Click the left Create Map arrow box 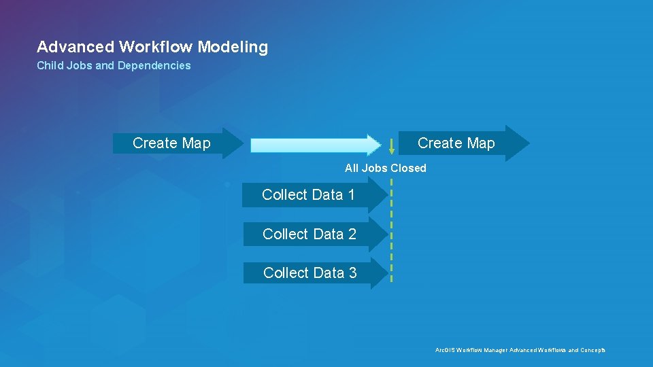coord(173,143)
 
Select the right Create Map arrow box coord(459,143)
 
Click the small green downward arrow coord(392,146)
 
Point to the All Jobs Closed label coord(385,168)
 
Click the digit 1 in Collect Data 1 coord(351,195)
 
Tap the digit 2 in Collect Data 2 coord(352,234)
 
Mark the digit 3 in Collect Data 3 coord(352,273)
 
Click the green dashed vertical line coord(392,231)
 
